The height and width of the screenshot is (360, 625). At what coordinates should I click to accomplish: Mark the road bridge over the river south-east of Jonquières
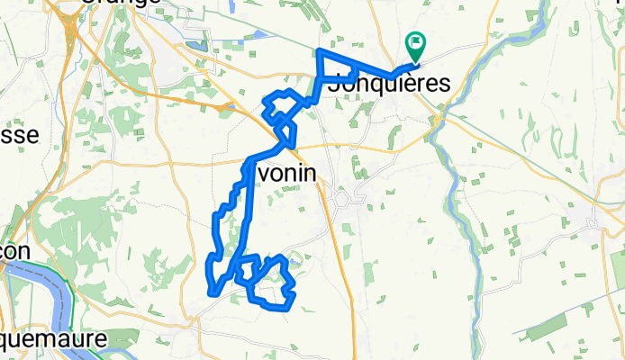437,118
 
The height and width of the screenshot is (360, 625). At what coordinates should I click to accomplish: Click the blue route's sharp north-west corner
320,52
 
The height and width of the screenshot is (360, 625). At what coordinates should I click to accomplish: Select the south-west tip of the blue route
212,292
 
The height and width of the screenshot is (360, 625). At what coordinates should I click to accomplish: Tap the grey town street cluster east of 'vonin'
345,198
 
